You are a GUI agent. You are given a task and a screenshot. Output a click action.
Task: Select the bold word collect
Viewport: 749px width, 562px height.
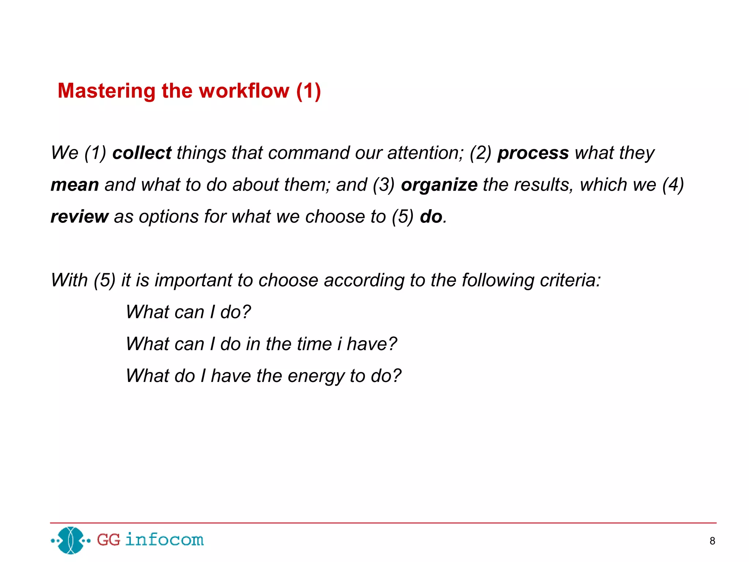pyautogui.click(x=142, y=153)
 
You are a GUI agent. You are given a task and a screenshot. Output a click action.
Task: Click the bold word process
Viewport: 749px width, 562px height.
pyautogui.click(x=533, y=153)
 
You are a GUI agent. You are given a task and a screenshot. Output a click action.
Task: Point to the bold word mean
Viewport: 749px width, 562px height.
pyautogui.click(x=75, y=185)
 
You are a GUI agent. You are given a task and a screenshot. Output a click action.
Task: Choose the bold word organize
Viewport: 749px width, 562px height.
pyautogui.click(x=439, y=185)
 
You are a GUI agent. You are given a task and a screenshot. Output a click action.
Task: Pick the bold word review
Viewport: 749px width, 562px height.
pyautogui.click(x=79, y=217)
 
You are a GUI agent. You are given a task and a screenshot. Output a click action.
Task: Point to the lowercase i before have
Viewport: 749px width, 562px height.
pyautogui.click(x=339, y=344)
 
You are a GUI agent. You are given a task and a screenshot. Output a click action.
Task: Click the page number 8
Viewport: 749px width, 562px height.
pyautogui.click(x=712, y=541)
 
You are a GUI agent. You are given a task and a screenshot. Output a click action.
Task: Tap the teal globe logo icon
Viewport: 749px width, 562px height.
pyautogui.click(x=71, y=540)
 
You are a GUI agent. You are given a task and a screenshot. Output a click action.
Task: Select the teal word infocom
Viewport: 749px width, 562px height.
pyautogui.click(x=164, y=540)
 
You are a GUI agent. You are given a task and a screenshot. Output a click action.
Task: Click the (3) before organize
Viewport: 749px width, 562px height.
pyautogui.click(x=384, y=185)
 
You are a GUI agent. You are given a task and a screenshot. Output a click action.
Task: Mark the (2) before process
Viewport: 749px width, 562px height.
pyautogui.click(x=480, y=153)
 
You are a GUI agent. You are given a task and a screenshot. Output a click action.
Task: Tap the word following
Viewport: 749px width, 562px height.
pyautogui.click(x=498, y=280)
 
